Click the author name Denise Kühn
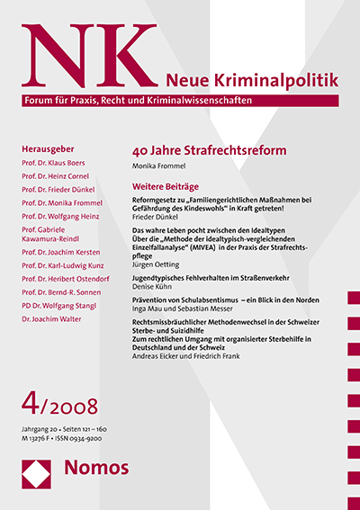(152, 290)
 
